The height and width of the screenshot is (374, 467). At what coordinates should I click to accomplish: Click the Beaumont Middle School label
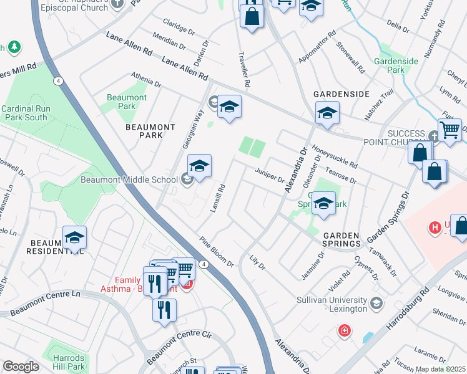tap(129, 180)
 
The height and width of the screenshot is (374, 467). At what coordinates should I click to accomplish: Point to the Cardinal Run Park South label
tap(24, 112)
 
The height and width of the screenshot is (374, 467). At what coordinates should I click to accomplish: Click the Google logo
tap(21, 367)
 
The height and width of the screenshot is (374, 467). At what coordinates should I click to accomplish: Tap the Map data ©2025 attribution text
tap(440, 369)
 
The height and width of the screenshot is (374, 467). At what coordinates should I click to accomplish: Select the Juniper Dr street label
tap(269, 175)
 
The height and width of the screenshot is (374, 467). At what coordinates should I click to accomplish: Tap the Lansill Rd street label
tap(217, 198)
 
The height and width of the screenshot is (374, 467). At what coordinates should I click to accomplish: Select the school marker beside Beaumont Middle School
tap(199, 167)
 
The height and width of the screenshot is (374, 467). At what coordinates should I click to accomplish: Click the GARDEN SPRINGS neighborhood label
tap(340, 239)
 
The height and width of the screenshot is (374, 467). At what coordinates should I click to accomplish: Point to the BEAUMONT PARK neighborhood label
tap(150, 131)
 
